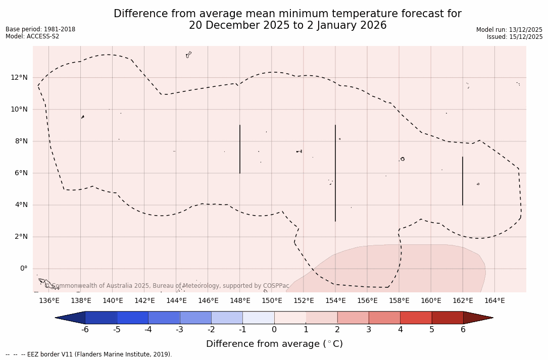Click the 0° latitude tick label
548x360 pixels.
coord(23,269)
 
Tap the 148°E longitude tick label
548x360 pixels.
coord(240,301)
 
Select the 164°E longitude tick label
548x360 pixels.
coord(494,301)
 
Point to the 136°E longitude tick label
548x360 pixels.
coord(49,301)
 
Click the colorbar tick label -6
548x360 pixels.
coord(85,330)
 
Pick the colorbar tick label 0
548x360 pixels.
coord(274,330)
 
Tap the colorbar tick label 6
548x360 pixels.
coord(463,330)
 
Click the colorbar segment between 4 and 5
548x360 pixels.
coord(416,318)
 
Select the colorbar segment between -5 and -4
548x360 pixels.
coord(132,318)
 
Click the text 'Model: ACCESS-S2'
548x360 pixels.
coord(32,36)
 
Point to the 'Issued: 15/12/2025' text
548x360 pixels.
coord(515,37)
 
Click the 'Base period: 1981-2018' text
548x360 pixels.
coord(40,29)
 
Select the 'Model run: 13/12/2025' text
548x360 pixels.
coord(509,30)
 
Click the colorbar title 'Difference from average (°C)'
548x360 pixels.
coord(274,344)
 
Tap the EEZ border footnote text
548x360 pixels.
coord(89,354)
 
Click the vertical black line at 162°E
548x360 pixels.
coord(463,181)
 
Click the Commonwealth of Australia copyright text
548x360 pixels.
coord(167,286)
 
